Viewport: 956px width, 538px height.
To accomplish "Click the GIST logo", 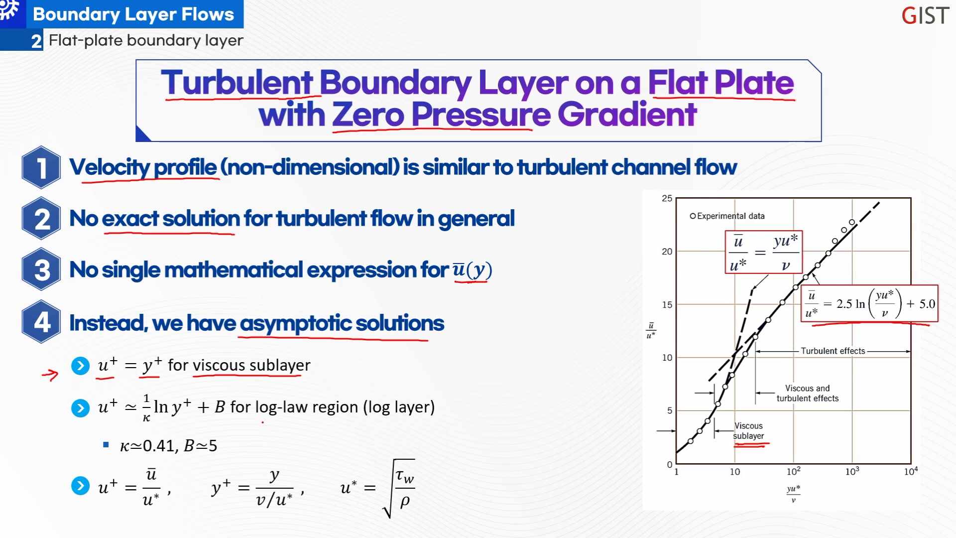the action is pos(925,15).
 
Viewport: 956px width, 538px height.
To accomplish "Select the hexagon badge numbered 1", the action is pos(42,167).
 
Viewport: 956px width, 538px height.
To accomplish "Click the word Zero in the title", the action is pos(368,114).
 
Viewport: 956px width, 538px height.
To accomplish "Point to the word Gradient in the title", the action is pos(627,114).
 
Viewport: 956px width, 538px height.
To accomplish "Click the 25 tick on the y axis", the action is pos(667,198).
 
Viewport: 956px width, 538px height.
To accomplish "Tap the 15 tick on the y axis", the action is pos(667,304).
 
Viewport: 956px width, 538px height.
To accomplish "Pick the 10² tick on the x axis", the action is pos(793,471).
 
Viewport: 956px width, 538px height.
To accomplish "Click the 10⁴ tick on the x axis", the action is pos(911,471).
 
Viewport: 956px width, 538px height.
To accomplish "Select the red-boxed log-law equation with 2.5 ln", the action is pos(869,303).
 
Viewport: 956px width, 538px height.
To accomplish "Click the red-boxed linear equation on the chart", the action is pos(764,252).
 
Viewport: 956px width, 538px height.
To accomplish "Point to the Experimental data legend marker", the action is pos(693,216).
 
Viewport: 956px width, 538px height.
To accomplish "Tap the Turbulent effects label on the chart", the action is pos(833,351).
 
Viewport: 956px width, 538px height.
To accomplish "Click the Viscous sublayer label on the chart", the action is pos(748,431).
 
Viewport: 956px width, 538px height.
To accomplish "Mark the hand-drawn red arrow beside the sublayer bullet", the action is pos(50,375).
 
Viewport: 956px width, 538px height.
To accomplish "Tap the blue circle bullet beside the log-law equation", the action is pos(80,408).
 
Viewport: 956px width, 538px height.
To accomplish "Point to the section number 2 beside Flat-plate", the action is pos(36,41).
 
